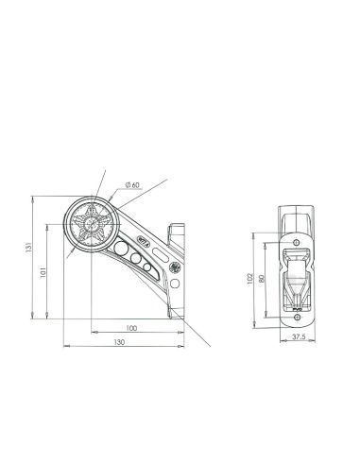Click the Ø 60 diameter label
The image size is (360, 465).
pos(132,185)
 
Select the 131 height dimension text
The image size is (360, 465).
pos(28,248)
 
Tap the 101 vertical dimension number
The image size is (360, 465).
pos(43,272)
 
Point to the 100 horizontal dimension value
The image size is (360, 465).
pos(131,328)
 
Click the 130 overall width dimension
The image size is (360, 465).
pos(119,342)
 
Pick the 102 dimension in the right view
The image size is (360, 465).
pos(249,279)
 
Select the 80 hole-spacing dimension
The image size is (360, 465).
pos(261,278)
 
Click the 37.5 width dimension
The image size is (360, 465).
pos(299,336)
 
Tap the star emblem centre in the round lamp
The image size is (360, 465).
pos(92,224)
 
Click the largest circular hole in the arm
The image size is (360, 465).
pos(120,249)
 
